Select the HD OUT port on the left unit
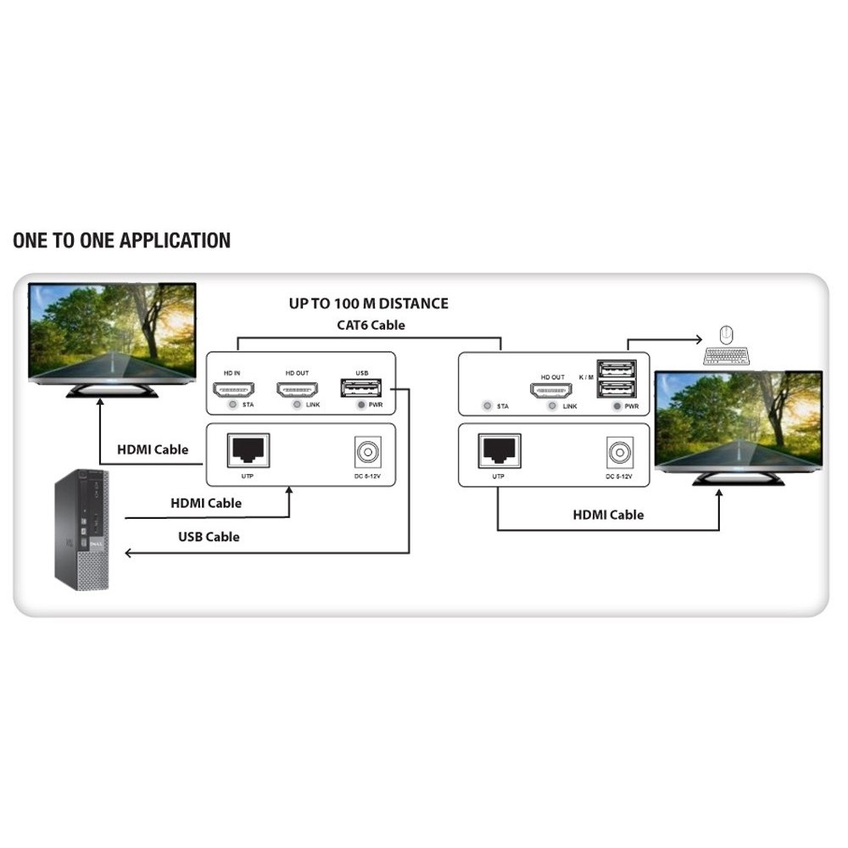[x=296, y=390]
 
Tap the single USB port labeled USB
[x=360, y=389]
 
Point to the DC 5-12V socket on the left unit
[x=365, y=452]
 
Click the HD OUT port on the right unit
[x=552, y=393]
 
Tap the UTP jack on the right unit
[x=499, y=449]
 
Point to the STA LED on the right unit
[x=486, y=406]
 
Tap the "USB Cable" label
[x=209, y=537]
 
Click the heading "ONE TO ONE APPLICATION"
[x=121, y=240]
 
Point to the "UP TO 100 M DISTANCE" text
[x=368, y=304]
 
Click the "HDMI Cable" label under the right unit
[x=608, y=515]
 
